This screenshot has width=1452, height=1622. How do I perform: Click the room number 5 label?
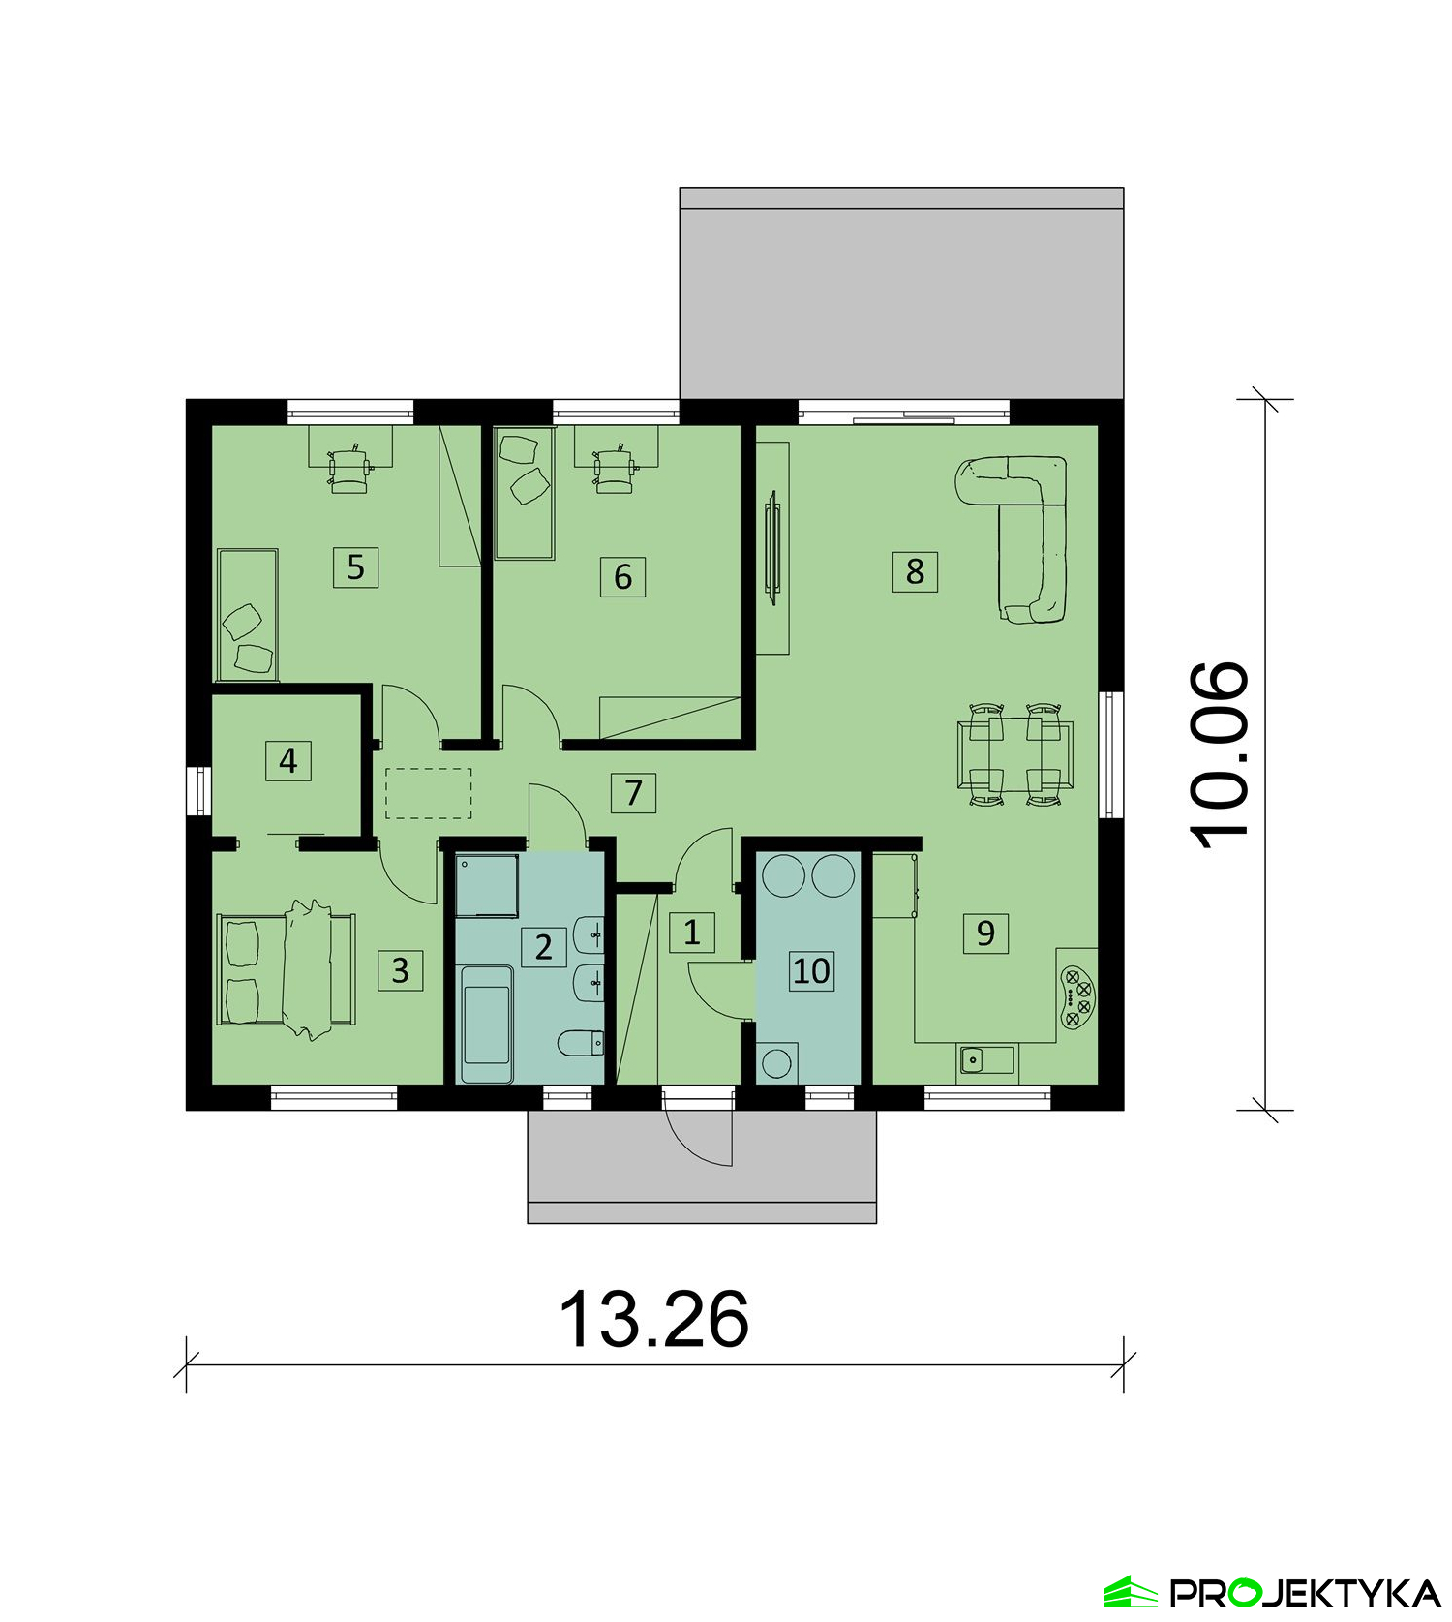(x=355, y=566)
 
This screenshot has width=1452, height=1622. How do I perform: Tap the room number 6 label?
(x=622, y=576)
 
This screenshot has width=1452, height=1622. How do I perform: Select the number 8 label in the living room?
(x=915, y=570)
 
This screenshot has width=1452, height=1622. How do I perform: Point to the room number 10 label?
(x=811, y=969)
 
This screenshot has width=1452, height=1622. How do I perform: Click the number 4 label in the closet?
(x=287, y=761)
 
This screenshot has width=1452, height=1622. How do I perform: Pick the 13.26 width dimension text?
(x=654, y=1318)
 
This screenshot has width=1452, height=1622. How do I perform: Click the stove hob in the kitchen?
(x=1077, y=997)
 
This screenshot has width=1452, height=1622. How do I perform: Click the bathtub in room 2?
(x=487, y=1025)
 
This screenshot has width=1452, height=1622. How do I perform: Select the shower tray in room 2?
(x=487, y=885)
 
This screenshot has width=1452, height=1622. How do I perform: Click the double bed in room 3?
(x=287, y=969)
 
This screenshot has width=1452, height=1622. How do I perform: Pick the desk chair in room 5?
(x=348, y=469)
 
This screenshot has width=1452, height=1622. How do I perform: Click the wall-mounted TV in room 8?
(x=772, y=547)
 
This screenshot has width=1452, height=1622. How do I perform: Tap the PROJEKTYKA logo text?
(x=1305, y=1592)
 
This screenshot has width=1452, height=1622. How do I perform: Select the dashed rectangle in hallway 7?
(x=429, y=793)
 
